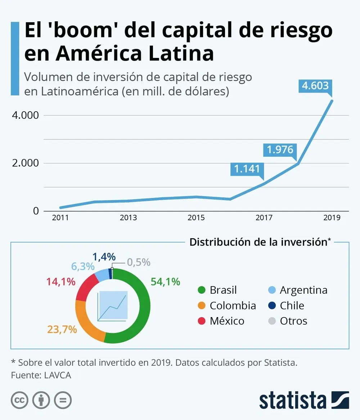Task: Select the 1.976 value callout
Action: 280,149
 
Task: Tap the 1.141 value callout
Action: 247,168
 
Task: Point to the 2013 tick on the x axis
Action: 128,218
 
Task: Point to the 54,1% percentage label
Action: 165,282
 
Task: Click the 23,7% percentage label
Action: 62,329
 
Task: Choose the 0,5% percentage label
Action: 139,262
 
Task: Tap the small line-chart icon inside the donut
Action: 113,306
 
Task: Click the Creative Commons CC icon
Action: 20,400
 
